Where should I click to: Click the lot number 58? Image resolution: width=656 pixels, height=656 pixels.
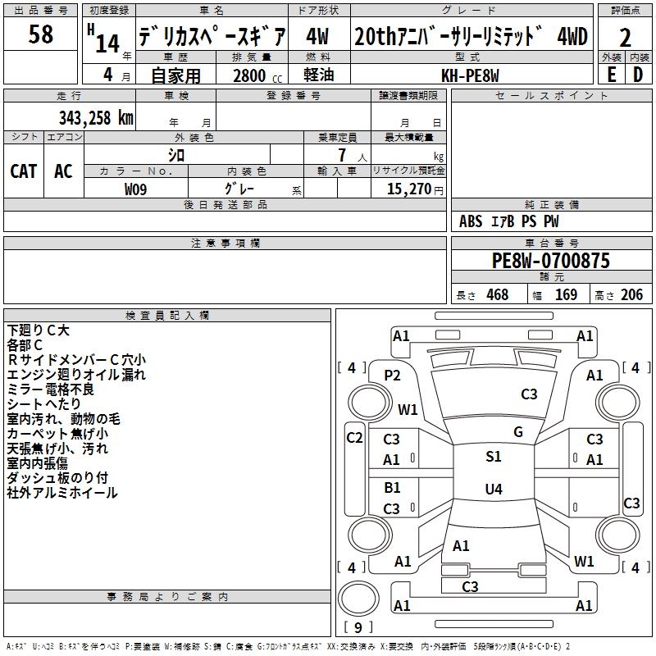tap(41, 34)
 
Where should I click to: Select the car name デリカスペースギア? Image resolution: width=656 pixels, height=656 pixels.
tap(212, 36)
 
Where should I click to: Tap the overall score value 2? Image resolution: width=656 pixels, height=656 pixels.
tap(625, 37)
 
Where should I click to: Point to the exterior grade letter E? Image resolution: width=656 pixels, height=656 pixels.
tap(611, 75)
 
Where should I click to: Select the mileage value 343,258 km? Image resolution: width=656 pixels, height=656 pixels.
tap(96, 117)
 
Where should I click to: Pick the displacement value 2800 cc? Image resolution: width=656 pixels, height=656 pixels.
tap(255, 75)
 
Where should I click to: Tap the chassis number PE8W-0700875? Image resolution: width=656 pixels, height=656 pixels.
tap(551, 262)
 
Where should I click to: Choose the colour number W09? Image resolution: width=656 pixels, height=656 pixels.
tap(136, 189)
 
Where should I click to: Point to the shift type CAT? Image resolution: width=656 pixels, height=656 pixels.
tap(24, 171)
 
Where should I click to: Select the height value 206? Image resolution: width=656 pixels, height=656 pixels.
tap(631, 295)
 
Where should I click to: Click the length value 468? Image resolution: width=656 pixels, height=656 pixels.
tap(496, 295)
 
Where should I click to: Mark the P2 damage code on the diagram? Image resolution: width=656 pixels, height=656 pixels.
tap(393, 375)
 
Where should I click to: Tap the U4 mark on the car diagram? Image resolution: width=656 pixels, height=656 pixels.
tap(493, 490)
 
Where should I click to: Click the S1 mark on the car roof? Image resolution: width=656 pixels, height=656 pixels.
tap(493, 457)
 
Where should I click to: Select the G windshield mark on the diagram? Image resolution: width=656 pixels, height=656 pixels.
tap(517, 431)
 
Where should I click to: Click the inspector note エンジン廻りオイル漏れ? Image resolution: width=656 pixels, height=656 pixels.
tap(76, 375)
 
